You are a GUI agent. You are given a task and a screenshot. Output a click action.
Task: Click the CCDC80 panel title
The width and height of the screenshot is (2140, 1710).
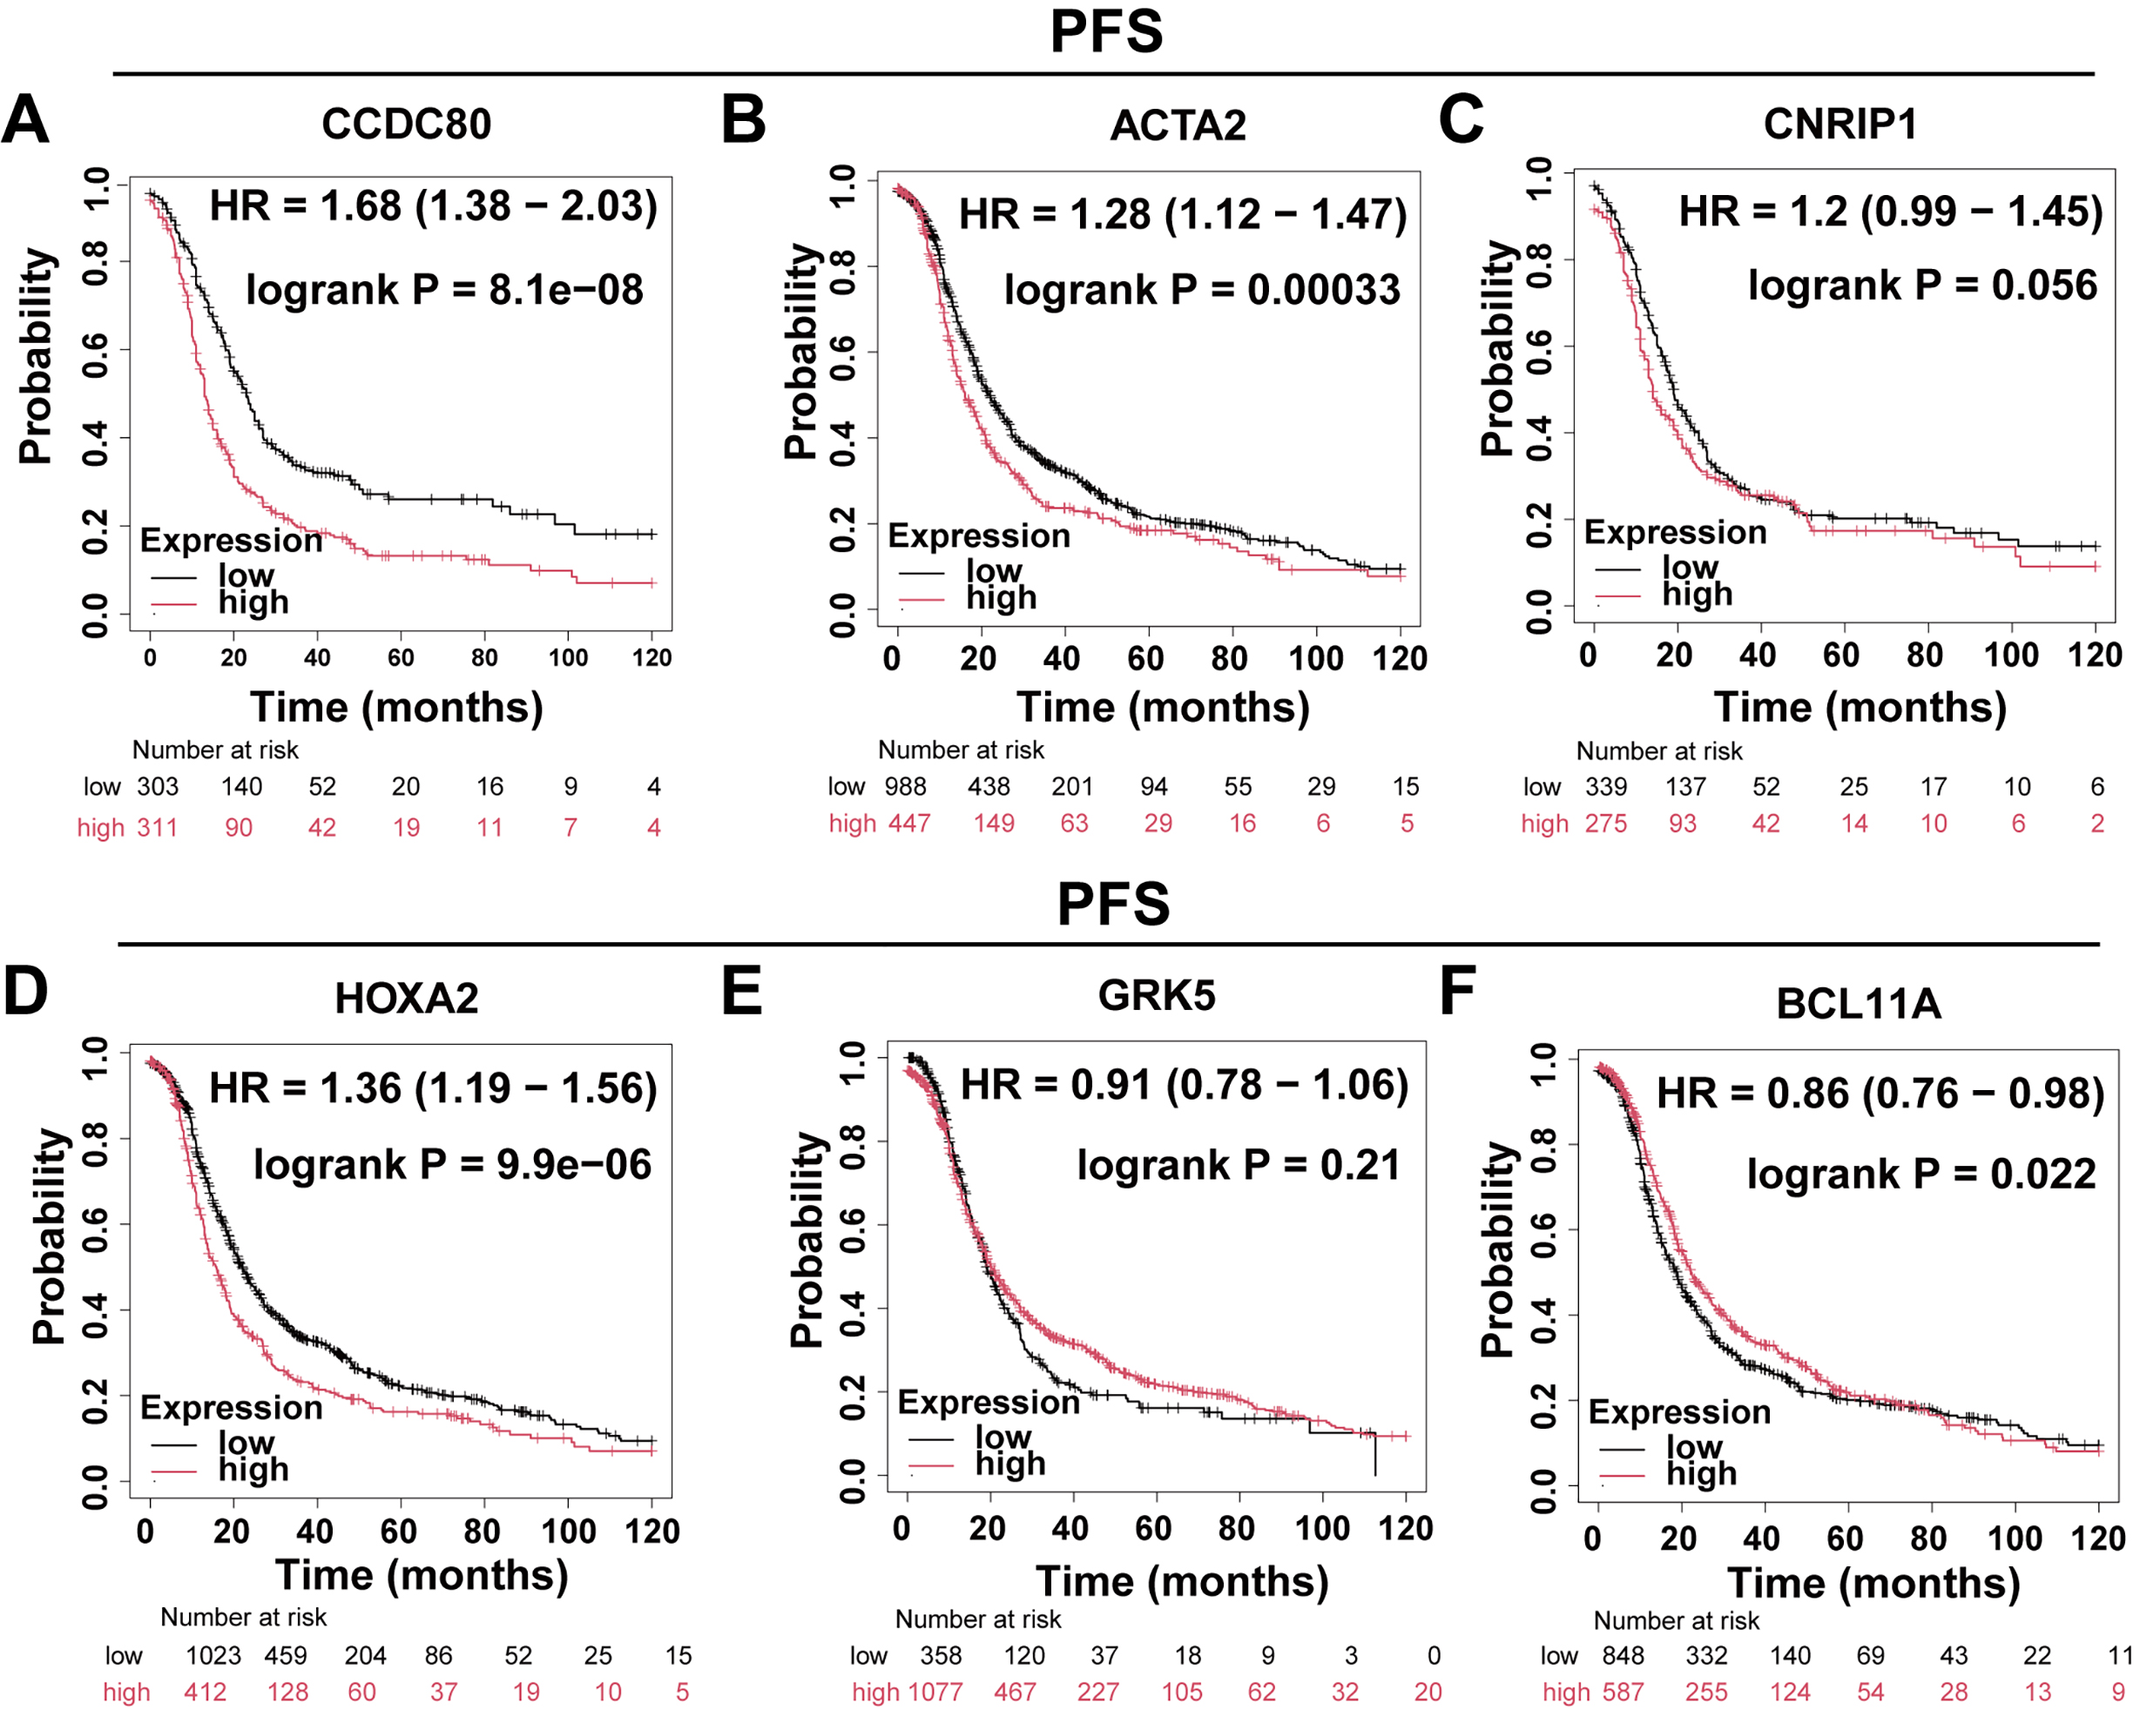click(406, 124)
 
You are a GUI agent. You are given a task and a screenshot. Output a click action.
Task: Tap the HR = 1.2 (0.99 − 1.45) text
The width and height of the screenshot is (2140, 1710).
click(1890, 212)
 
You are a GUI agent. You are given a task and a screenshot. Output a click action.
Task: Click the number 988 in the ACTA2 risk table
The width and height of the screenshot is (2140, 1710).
click(905, 787)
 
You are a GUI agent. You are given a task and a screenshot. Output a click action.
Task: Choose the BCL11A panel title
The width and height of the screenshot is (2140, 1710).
click(1858, 1003)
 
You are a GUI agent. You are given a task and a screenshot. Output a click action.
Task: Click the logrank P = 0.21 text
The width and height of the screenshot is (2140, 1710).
click(1238, 1165)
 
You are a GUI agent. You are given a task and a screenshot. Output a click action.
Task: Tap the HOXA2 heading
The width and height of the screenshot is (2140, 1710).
click(406, 999)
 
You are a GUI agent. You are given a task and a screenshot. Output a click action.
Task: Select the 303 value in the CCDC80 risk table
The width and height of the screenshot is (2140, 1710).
click(157, 787)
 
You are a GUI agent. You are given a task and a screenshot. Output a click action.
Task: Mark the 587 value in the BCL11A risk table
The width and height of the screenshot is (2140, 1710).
click(1623, 1691)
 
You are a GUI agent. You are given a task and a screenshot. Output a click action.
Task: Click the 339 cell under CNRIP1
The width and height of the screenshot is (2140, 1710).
click(1606, 787)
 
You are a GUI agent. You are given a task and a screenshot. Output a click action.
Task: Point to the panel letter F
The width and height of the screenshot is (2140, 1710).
click(1457, 991)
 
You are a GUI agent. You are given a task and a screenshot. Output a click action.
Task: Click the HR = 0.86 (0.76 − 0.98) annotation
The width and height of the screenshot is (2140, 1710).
click(1880, 1094)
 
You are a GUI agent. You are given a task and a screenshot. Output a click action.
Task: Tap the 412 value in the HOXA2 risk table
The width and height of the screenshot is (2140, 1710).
click(206, 1691)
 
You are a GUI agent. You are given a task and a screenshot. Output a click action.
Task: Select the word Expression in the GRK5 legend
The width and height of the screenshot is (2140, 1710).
click(988, 1403)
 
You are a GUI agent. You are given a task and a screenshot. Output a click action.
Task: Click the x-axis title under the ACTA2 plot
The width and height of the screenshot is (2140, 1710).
click(1162, 708)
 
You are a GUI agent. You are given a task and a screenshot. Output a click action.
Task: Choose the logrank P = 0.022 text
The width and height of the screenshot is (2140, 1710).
click(1921, 1174)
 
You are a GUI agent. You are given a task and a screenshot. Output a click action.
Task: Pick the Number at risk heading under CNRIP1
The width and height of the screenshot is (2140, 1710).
click(1658, 751)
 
